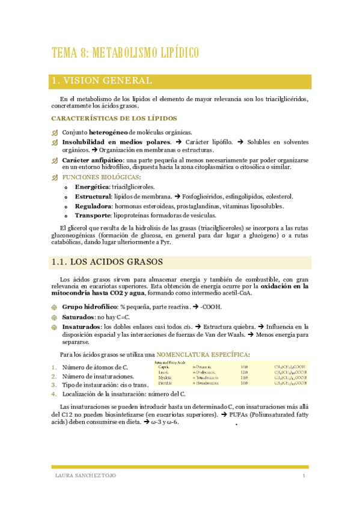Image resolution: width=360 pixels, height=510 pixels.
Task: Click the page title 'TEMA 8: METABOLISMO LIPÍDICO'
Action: [x=126, y=53]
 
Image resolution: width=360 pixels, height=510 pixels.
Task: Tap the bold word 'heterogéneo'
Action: [x=110, y=132]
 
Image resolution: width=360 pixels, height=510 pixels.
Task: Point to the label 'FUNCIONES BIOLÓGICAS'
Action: [x=100, y=177]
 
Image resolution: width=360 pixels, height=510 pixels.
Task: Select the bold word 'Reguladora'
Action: [x=93, y=206]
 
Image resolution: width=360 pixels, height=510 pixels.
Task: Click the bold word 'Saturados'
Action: [x=80, y=316]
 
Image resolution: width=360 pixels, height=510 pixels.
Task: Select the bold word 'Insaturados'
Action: [x=83, y=326]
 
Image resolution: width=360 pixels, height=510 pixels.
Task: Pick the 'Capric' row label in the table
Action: [x=163, y=367]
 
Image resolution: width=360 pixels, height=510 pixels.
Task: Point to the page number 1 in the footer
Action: [x=304, y=476]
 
